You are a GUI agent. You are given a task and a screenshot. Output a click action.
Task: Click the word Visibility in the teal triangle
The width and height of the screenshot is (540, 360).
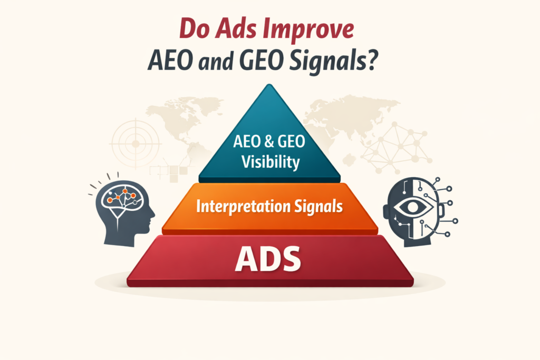click(x=269, y=161)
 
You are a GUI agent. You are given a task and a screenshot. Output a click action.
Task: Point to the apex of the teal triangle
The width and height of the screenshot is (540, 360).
click(x=269, y=85)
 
